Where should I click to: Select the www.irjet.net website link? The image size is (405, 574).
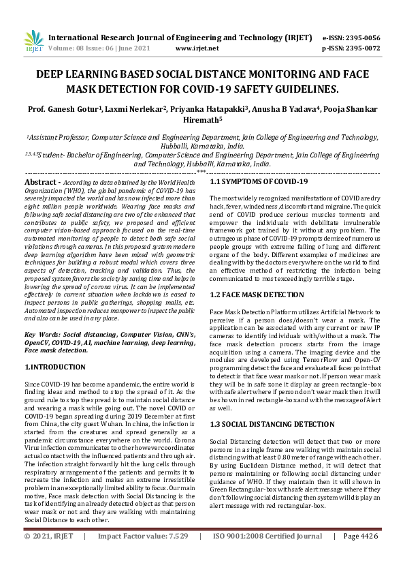pyautogui.click(x=197, y=48)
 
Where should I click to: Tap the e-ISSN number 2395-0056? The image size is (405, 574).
pyautogui.click(x=362, y=37)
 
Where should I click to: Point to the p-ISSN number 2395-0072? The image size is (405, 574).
pyautogui.click(x=362, y=48)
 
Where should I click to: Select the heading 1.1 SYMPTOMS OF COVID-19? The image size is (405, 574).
pyautogui.click(x=259, y=181)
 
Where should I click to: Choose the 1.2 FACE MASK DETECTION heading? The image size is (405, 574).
pyautogui.click(x=257, y=294)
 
